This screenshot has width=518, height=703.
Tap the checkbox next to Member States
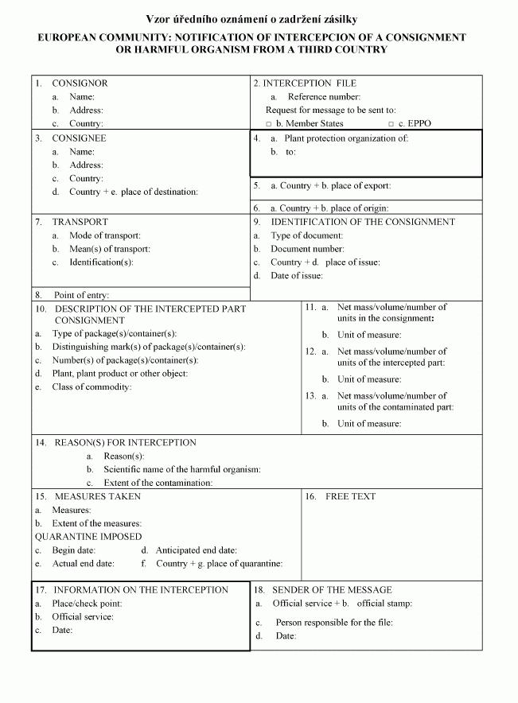pyautogui.click(x=269, y=124)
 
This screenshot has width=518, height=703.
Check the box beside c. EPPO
pyautogui.click(x=391, y=124)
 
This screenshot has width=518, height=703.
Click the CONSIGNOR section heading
pyautogui.click(x=80, y=84)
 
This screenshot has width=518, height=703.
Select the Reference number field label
pyautogui.click(x=324, y=97)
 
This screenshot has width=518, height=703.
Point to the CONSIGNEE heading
pyautogui.click(x=79, y=138)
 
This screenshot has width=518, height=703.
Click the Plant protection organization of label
pyautogui.click(x=346, y=138)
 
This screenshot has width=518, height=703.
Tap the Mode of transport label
pyautogui.click(x=105, y=235)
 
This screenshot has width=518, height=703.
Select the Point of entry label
pyautogui.click(x=81, y=295)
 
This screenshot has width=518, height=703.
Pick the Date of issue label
pyautogui.click(x=297, y=276)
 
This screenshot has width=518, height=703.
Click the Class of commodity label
pyautogui.click(x=92, y=387)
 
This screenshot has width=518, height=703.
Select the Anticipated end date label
pyautogui.click(x=196, y=550)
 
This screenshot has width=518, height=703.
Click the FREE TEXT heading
pyautogui.click(x=350, y=497)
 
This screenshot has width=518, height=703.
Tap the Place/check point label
pyautogui.click(x=87, y=604)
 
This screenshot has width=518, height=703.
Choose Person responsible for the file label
pyautogui.click(x=334, y=623)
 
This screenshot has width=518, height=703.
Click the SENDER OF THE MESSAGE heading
pyautogui.click(x=332, y=590)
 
